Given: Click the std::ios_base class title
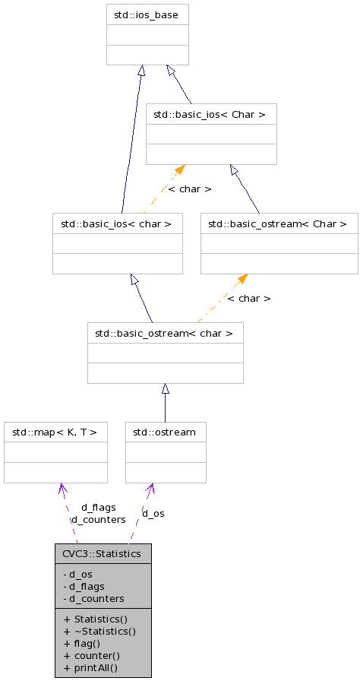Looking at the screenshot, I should pos(147,14).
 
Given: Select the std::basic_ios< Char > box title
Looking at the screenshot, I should pos(210,115).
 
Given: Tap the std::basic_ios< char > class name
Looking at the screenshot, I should pos(117,223).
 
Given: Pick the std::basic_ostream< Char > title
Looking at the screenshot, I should pos(279,223).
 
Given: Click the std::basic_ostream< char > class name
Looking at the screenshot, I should pos(165,333).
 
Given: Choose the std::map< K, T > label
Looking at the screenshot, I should pos(55,432).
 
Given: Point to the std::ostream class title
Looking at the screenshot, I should pos(165,432).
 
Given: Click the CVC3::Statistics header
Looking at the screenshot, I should pos(103,553).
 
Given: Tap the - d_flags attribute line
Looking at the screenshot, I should pos(84,586).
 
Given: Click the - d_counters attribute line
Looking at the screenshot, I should pos(93,598).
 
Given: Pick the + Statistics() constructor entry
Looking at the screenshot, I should pos(95,619).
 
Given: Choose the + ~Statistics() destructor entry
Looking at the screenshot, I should pos(99,631).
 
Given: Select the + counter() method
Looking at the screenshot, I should pos(92,655).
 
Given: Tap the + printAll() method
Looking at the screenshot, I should pos(90,667).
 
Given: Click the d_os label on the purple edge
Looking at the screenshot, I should pos(153,513).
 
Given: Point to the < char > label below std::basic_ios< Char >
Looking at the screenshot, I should pos(189,188).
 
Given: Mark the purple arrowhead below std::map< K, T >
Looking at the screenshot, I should pos(62,488).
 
